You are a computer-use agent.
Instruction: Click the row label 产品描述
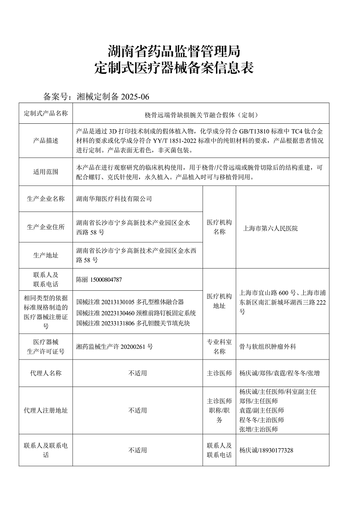pyautogui.click(x=45, y=140)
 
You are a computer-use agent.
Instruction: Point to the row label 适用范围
pyautogui.click(x=45, y=171)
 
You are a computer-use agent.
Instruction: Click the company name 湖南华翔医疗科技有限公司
pyautogui.click(x=114, y=198)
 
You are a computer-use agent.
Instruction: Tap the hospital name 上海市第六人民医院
pyautogui.click(x=270, y=228)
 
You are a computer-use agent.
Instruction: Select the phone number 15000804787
pyautogui.click(x=106, y=279)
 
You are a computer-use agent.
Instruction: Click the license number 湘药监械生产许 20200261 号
pyautogui.click(x=115, y=347)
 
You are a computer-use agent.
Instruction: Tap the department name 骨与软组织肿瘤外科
pyautogui.click(x=268, y=347)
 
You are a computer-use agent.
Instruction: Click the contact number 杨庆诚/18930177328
pyautogui.click(x=266, y=450)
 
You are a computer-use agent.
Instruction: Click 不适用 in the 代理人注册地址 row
pyautogui.click(x=138, y=410)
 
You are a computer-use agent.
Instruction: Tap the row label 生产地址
pyautogui.click(x=45, y=255)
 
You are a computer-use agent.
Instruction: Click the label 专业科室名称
pyautogui.click(x=219, y=347)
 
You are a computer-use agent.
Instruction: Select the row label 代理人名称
pyautogui.click(x=45, y=373)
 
